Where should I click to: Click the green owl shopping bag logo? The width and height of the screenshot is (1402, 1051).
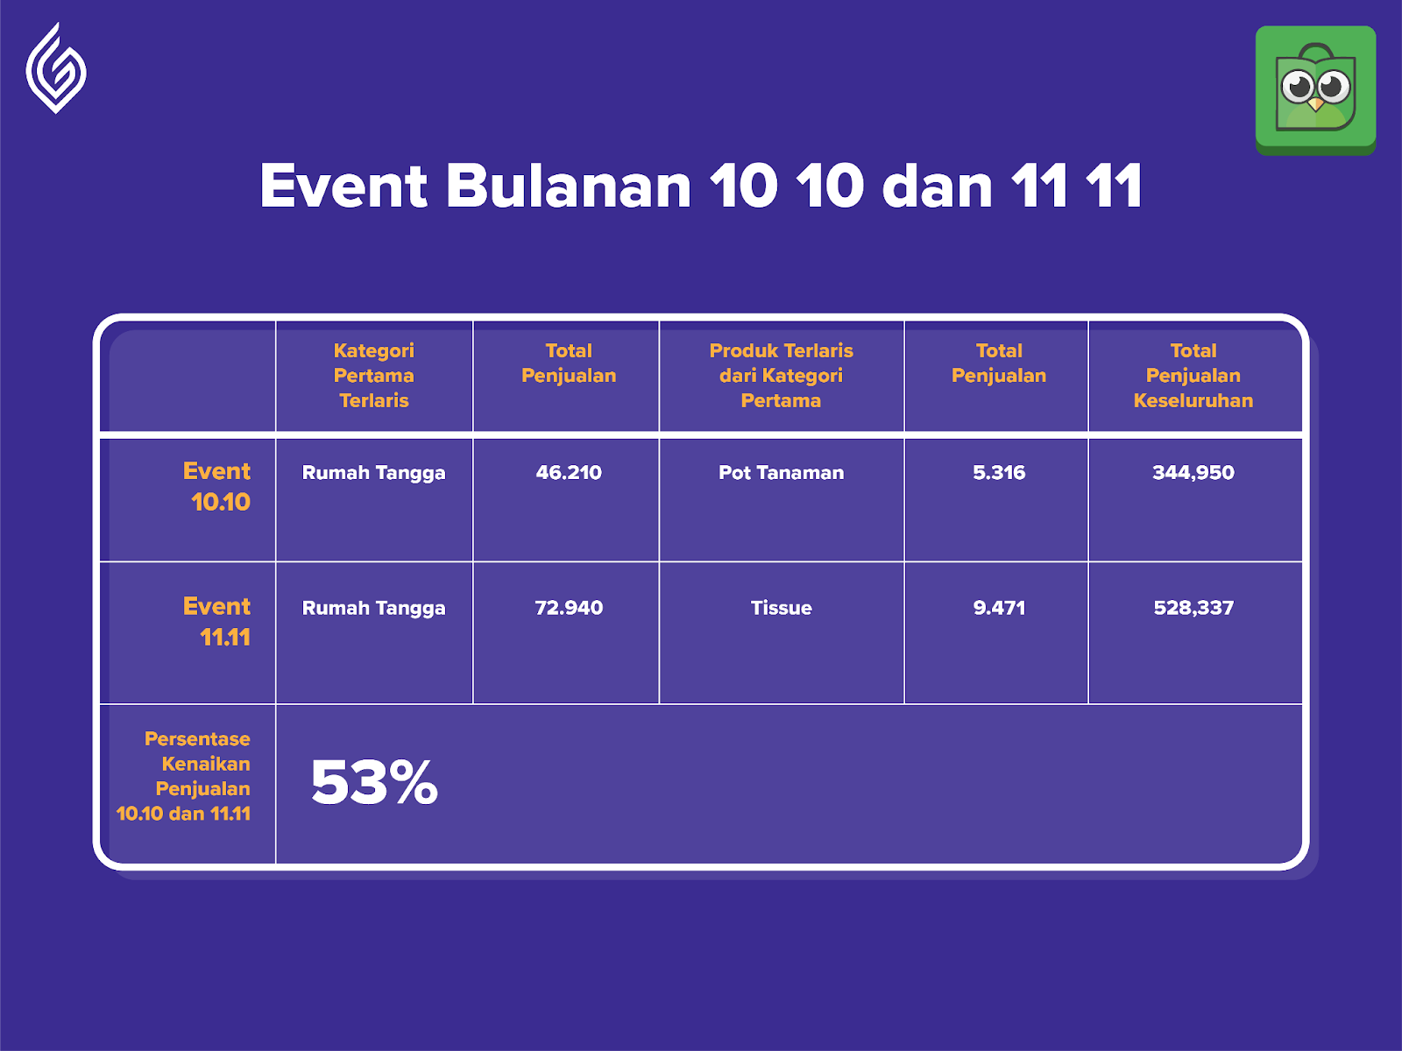pos(1315,90)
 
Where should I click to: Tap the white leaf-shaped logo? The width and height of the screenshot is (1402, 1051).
pos(56,68)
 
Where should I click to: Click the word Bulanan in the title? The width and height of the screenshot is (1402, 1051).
pos(568,186)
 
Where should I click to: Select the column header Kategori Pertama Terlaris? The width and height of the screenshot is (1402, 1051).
pos(373,375)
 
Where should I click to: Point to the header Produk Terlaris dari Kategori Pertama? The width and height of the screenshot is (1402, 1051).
pos(781,375)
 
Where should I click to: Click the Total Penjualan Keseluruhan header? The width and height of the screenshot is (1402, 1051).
pos(1193,375)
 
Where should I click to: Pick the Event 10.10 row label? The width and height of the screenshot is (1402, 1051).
pos(216,486)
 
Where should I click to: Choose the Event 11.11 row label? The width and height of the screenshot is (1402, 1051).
pos(216,622)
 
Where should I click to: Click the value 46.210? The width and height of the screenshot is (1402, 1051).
pos(569,472)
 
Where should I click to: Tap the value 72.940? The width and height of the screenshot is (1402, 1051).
pos(569,608)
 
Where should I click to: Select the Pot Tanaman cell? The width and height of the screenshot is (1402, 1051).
pos(781,472)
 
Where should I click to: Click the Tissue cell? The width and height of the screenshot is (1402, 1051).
pos(781,608)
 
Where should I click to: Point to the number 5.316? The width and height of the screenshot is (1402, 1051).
pos(999,472)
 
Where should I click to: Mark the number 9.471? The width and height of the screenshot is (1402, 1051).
pos(999,608)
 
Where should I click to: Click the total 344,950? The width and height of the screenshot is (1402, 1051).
pos(1193,472)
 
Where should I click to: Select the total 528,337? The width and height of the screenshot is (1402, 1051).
pos(1193,608)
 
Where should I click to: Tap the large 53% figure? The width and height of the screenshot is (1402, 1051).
pos(374,782)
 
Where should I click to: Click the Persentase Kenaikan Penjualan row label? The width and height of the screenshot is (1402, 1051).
pos(184,776)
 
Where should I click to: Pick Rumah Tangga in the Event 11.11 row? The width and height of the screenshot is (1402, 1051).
pos(373,608)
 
